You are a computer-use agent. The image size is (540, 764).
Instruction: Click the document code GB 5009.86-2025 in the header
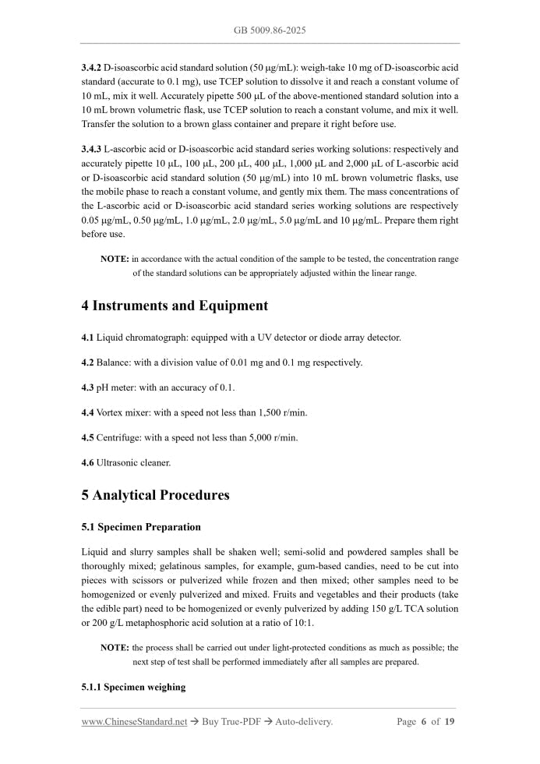point(270,30)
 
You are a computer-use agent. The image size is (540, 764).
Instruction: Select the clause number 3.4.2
point(91,68)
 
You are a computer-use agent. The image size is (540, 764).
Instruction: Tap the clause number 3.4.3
point(91,149)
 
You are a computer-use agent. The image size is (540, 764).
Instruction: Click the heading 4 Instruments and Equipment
point(175,306)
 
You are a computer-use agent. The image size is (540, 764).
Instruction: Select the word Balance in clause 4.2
point(113,363)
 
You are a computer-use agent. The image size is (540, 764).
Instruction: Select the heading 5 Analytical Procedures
point(155,495)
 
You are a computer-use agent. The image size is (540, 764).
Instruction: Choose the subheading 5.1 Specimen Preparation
point(141,527)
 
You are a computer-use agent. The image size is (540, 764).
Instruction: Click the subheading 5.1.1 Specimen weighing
point(133,688)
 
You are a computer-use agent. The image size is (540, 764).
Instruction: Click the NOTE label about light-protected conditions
point(115,648)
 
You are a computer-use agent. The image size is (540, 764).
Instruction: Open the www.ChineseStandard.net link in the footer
point(134,722)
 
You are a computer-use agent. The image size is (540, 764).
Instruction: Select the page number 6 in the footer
point(424,722)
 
